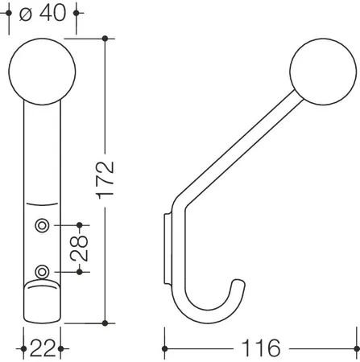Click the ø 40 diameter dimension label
pyautogui.click(x=43, y=13)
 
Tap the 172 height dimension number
pyautogui.click(x=106, y=180)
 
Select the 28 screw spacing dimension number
pyautogui.click(x=79, y=249)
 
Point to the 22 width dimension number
pyautogui.click(x=42, y=348)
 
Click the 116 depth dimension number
pyautogui.click(x=261, y=348)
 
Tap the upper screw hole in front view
pyautogui.click(x=42, y=225)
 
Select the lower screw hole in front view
pyautogui.click(x=42, y=272)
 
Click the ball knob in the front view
pyautogui.click(x=42, y=72)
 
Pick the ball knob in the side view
pyautogui.click(x=323, y=72)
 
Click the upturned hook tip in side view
pyautogui.click(x=238, y=282)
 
